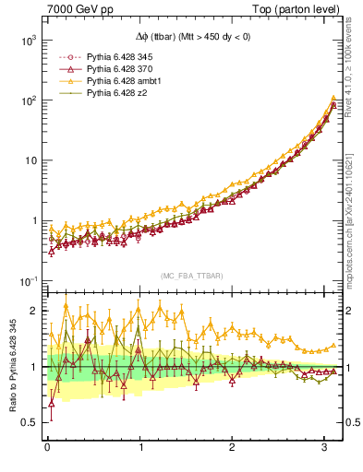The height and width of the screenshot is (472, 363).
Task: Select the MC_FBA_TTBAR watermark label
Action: [192, 277]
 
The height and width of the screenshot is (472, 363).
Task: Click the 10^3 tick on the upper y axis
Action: [27, 41]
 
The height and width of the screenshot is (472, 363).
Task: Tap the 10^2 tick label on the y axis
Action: [27, 100]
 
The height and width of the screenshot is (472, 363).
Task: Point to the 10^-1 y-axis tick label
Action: [27, 280]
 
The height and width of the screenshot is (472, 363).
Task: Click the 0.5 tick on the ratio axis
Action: [30, 422]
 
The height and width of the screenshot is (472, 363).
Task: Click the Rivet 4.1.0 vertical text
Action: [354, 74]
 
